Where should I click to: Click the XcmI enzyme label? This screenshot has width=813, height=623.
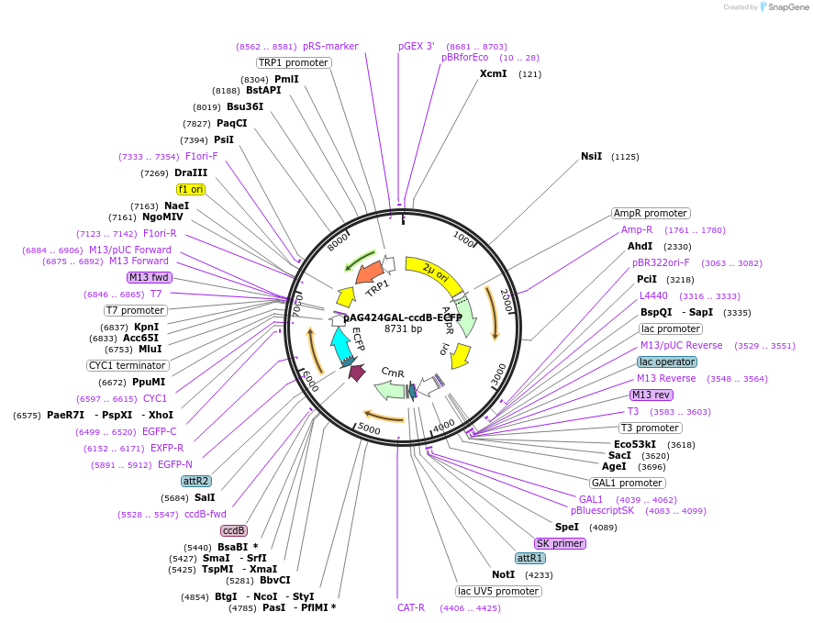pos(493,73)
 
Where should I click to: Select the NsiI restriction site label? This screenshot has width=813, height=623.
pos(591,156)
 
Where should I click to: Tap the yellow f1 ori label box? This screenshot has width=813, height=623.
pos(191,189)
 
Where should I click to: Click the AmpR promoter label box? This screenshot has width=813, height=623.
pos(651,214)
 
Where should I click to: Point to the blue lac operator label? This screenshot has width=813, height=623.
pos(667,362)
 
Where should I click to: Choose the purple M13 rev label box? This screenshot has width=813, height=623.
pos(651,395)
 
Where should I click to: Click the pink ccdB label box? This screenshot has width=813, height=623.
pos(234,530)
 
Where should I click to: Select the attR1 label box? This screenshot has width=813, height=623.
pos(530,558)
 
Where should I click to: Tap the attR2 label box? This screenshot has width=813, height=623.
pos(195,481)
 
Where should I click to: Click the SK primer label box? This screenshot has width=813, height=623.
pos(560,543)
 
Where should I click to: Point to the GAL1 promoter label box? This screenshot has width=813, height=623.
pos(628,483)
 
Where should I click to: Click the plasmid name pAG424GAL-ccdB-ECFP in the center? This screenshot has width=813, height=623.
pos(403,317)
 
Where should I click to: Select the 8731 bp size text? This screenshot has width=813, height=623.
pos(403,328)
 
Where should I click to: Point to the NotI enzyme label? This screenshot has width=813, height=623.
pos(503,574)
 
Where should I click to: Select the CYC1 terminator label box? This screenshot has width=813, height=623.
pos(127,365)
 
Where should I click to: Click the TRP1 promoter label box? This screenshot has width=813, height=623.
pos(293,62)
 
